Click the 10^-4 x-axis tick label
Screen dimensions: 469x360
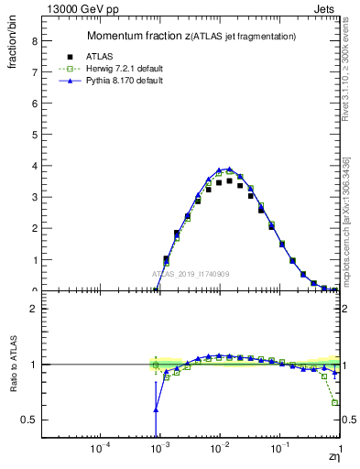[100, 449]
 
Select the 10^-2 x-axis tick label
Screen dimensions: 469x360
[219, 449]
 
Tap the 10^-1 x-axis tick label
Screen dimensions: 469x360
[279, 449]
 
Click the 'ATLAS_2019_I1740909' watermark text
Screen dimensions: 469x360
[191, 274]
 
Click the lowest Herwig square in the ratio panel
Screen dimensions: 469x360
[334, 402]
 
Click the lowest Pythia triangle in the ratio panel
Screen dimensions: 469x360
[156, 409]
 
